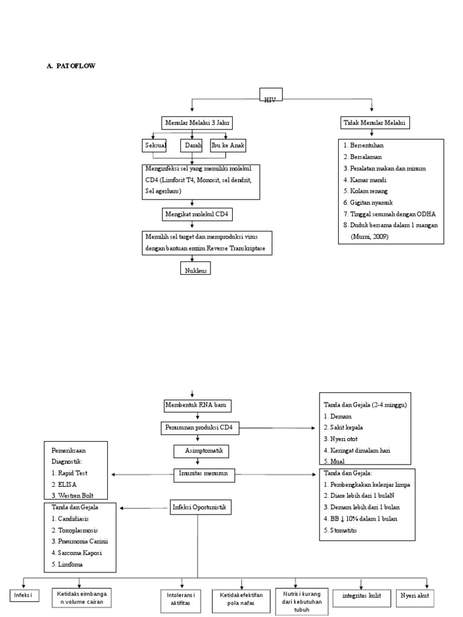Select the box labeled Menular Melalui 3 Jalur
(197, 123)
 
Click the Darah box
(192, 146)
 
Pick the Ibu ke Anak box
(228, 146)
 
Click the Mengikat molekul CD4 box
(197, 214)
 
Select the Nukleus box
(196, 269)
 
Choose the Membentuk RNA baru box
(198, 405)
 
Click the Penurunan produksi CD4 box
(200, 428)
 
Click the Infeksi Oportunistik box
(199, 508)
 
